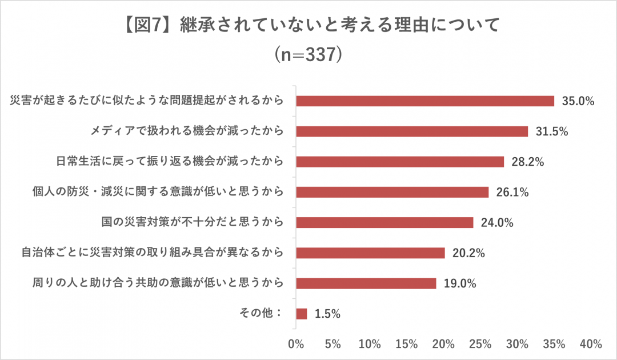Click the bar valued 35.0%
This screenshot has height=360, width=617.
pos(425,101)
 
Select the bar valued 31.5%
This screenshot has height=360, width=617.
pos(412,131)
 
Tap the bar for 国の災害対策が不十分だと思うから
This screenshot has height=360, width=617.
pos(384,222)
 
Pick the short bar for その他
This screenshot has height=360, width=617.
pos(302,314)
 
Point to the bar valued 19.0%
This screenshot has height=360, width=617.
pos(366,283)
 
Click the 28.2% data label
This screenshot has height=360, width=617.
pos(527,162)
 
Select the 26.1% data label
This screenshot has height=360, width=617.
pos(512,193)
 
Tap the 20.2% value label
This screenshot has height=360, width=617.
pos(468,253)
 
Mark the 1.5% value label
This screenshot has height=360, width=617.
pos(327,314)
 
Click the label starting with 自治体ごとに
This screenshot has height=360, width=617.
pos(153,253)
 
